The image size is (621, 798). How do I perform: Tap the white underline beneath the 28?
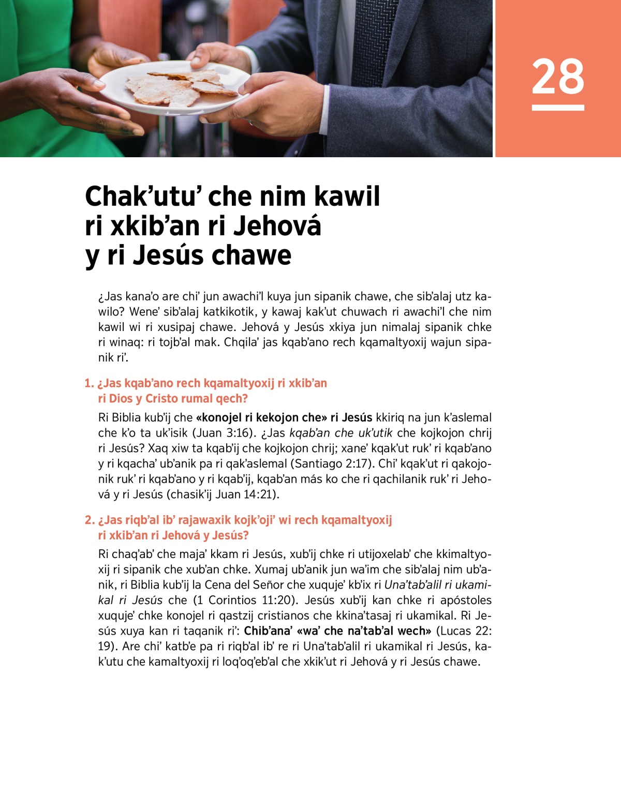pyautogui.click(x=558, y=108)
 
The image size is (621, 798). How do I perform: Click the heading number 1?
pyautogui.click(x=88, y=383)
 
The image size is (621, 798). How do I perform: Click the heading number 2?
pyautogui.click(x=89, y=520)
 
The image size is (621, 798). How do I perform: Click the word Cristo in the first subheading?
pyautogui.click(x=164, y=398)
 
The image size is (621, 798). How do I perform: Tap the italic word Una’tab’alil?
pyautogui.click(x=412, y=585)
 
